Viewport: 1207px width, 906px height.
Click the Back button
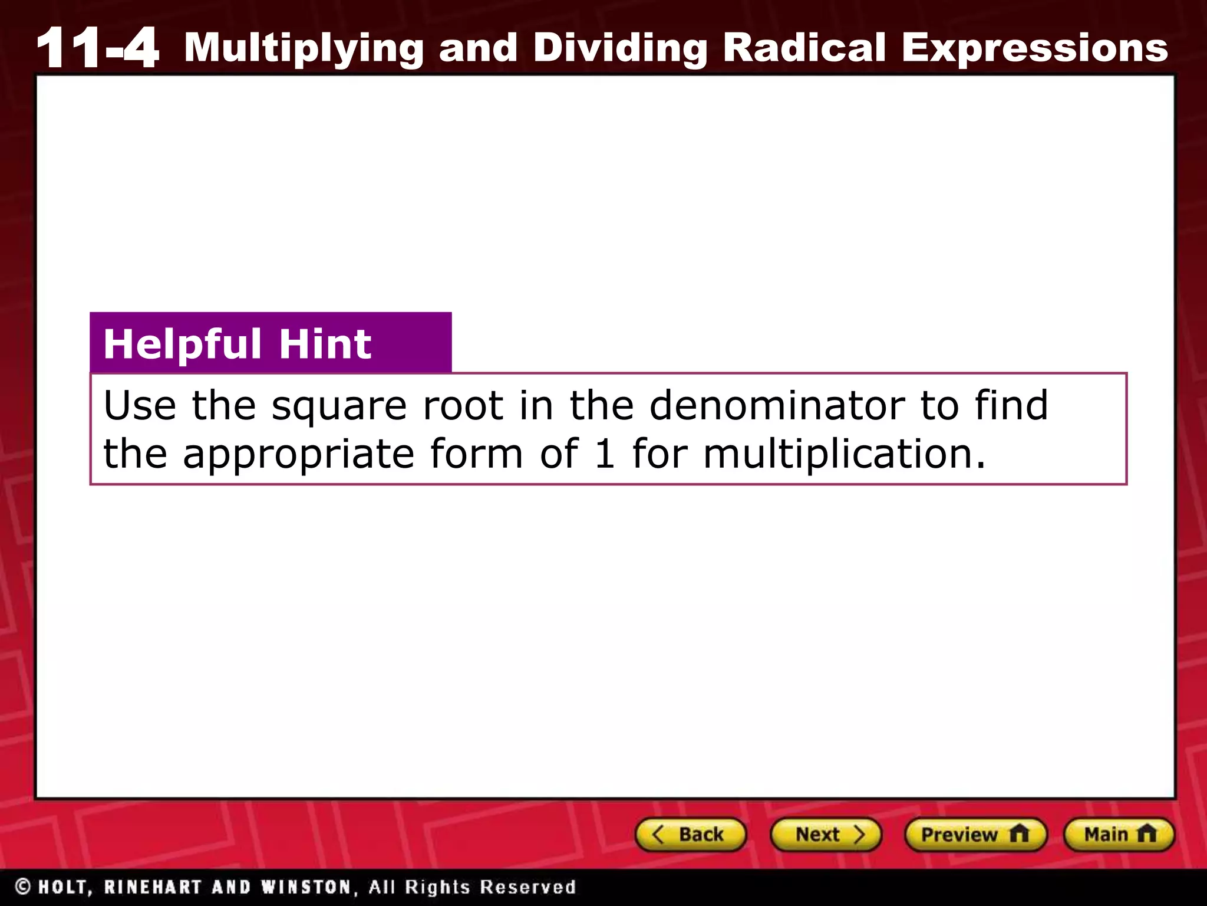coord(690,835)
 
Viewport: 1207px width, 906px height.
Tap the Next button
coord(826,835)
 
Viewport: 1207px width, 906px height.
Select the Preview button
coord(975,835)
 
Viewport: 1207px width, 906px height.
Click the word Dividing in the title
coord(621,47)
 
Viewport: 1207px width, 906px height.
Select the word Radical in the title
coord(804,47)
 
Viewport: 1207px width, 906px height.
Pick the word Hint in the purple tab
coord(325,344)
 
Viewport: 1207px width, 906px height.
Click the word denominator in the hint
coord(777,406)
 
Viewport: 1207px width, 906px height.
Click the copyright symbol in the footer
coord(24,887)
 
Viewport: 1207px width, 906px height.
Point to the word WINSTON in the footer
coord(307,887)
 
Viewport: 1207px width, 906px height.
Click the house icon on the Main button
coord(1146,834)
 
